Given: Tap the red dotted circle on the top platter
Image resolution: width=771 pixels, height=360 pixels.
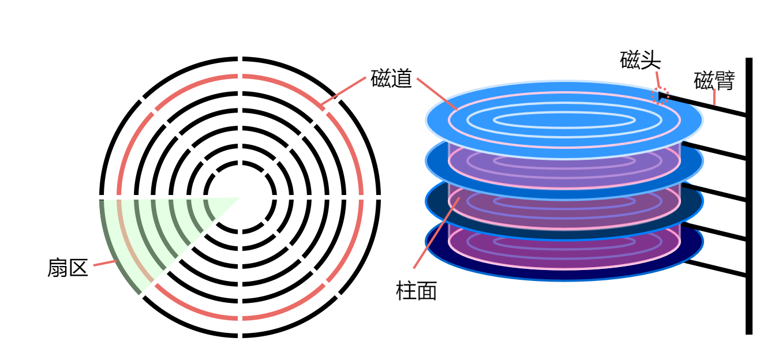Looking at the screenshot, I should click(x=660, y=96).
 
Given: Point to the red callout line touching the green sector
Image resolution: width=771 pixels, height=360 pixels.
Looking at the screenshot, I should click(x=104, y=263).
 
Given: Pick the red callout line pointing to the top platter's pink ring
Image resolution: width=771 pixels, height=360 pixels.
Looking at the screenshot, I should click(x=436, y=93).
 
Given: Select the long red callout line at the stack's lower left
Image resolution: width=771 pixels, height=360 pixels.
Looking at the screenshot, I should click(x=436, y=234).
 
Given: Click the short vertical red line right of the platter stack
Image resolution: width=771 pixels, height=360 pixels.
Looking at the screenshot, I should click(x=714, y=97).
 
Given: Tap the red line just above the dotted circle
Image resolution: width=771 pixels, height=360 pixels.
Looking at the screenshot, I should click(x=657, y=79).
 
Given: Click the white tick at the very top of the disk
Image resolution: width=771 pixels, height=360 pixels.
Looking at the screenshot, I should click(x=240, y=58).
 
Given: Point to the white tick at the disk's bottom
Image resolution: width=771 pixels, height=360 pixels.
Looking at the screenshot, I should click(x=240, y=336).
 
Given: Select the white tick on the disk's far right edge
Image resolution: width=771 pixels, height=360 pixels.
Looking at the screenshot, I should click(x=379, y=197).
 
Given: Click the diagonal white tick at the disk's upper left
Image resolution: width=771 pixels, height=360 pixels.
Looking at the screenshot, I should click(x=141, y=99).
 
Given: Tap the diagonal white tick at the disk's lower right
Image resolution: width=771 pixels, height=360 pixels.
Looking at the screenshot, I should click(x=338, y=295).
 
